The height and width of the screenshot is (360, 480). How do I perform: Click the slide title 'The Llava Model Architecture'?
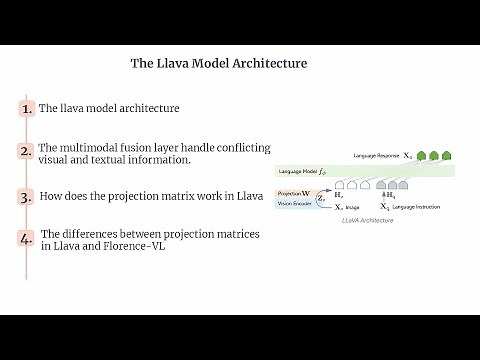(x=219, y=63)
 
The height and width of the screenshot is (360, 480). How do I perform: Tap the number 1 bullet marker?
(x=26, y=108)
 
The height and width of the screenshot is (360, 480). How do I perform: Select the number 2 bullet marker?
(x=26, y=152)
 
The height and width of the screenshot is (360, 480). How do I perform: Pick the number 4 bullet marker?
(x=27, y=240)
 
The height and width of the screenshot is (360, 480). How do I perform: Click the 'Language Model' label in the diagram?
(x=299, y=172)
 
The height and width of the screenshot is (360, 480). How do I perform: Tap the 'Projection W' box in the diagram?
(x=293, y=191)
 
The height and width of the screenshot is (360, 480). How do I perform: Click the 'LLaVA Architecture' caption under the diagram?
(x=366, y=218)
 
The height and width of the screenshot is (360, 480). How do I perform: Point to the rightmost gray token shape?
(x=403, y=185)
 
